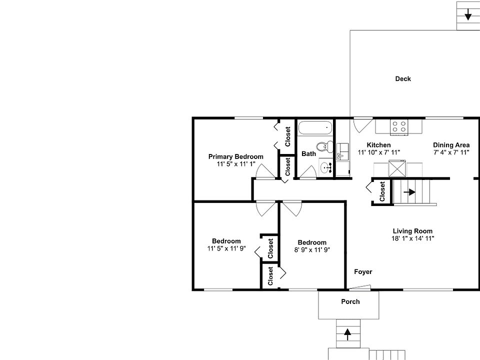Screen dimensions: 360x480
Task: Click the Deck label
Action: point(403,78)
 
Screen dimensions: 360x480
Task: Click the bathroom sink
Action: point(325,168)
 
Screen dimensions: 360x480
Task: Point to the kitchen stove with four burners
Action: point(398,126)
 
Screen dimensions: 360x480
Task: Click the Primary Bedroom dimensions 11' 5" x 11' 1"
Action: point(236,164)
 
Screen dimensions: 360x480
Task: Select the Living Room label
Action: point(412,231)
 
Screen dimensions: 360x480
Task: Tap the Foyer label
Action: point(363,272)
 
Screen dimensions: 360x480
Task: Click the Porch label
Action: point(350,301)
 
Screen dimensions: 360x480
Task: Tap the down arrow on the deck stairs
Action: point(468,15)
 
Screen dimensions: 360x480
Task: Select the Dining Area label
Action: point(451,145)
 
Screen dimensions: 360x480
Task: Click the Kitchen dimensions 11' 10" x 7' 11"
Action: point(378,152)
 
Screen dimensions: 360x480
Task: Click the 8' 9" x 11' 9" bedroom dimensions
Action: point(312,250)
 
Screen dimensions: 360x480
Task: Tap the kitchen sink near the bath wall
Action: point(342,150)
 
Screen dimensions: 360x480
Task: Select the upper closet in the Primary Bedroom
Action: point(287,136)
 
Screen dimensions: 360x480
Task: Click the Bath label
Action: point(308,153)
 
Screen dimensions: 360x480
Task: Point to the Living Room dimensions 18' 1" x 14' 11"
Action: point(412,238)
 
